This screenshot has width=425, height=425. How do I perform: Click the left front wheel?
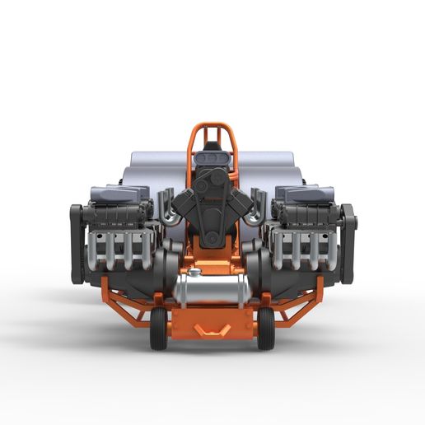point(158,328)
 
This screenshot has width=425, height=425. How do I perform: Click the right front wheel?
point(265,328)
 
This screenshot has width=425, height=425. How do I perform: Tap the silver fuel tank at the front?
point(211,290)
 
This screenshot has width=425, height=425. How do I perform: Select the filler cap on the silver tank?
point(194,272)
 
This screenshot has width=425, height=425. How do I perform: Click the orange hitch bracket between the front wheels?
point(212,329)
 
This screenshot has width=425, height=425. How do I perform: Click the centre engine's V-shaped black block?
point(212,206)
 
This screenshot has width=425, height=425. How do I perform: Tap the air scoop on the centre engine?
point(212,156)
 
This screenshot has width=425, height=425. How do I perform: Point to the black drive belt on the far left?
point(77,243)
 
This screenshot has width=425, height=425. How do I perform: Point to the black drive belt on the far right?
point(348,243)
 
